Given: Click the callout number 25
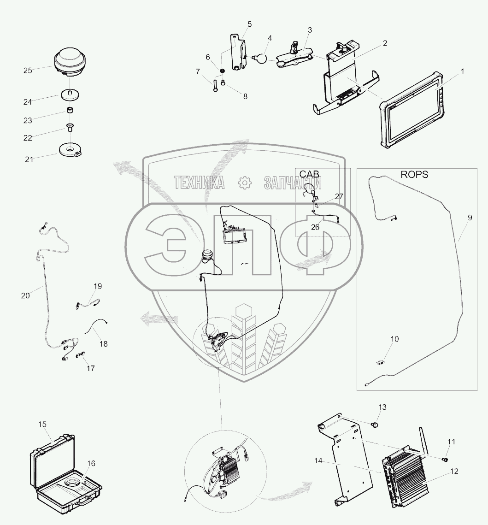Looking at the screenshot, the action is point(28,71).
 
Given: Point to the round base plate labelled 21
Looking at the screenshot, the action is point(70,150).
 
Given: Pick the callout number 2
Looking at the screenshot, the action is point(384,43).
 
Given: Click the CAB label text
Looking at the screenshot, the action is point(309,174).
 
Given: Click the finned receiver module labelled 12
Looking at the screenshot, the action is point(406,477).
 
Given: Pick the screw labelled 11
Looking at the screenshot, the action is point(446,459).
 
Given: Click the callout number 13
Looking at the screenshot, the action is point(382,407).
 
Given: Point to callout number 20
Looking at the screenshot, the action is point(25,295).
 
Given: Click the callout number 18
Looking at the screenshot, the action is point(103,344).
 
